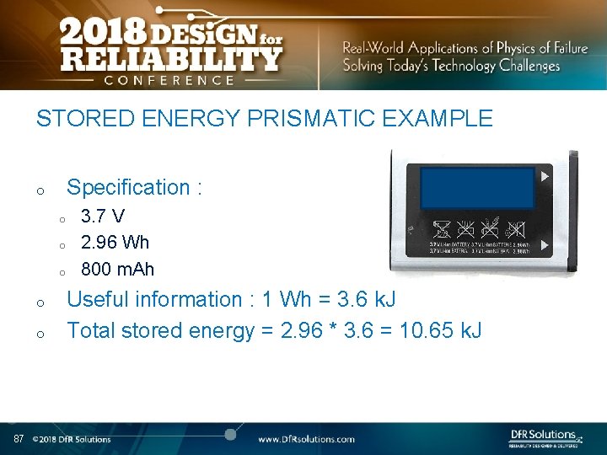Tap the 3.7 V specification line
pyautogui.click(x=103, y=217)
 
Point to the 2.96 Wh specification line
pyautogui.click(x=115, y=243)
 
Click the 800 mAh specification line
pyautogui.click(x=117, y=270)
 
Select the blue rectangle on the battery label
pyautogui.click(x=477, y=188)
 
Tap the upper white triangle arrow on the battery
pyautogui.click(x=545, y=177)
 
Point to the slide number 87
pyautogui.click(x=19, y=439)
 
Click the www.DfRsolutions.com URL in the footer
pyautogui.click(x=306, y=439)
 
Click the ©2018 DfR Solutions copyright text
pyautogui.click(x=72, y=439)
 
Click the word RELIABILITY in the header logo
pyautogui.click(x=170, y=59)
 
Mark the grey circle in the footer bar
pyautogui.click(x=229, y=434)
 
